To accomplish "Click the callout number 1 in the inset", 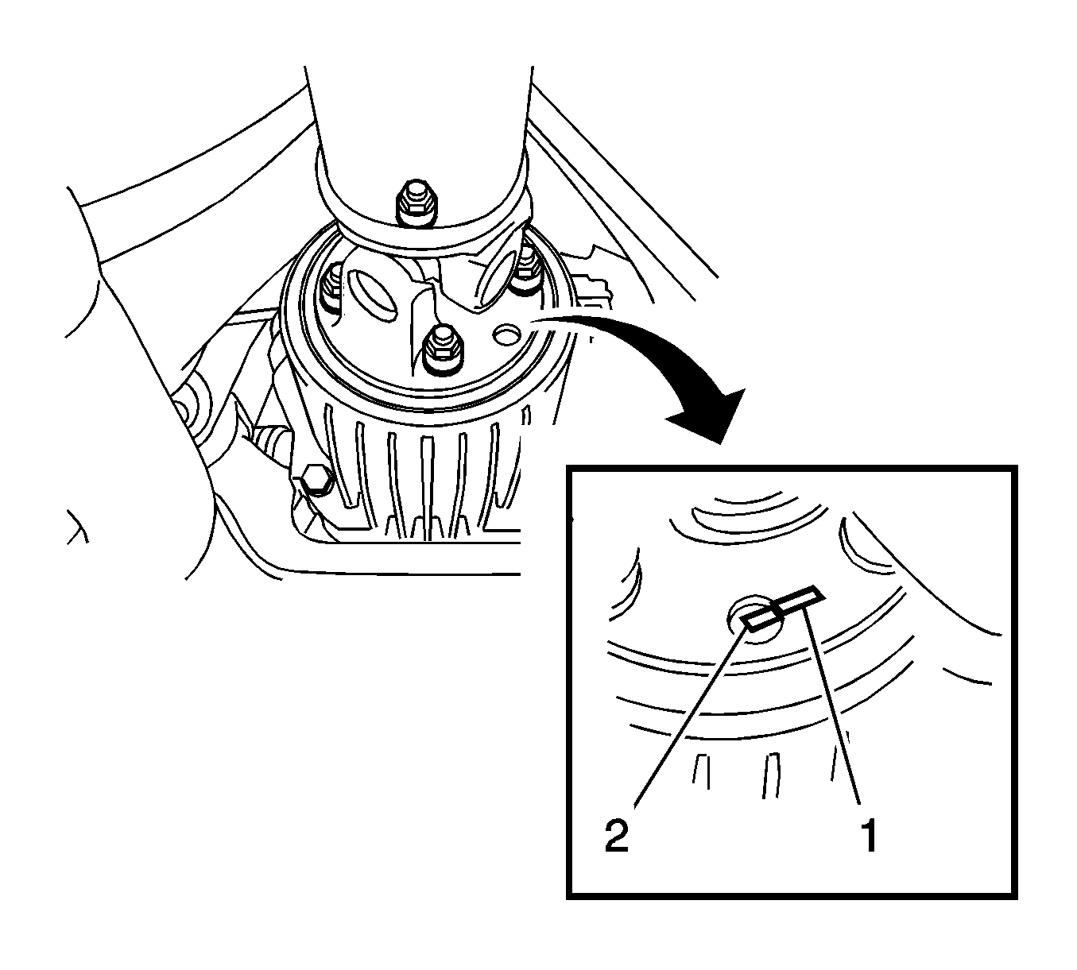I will point(870,837).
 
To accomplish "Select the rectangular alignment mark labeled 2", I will point(759,619).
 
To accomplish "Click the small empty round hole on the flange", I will point(506,334).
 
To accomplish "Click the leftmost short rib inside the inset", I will point(701,771).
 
